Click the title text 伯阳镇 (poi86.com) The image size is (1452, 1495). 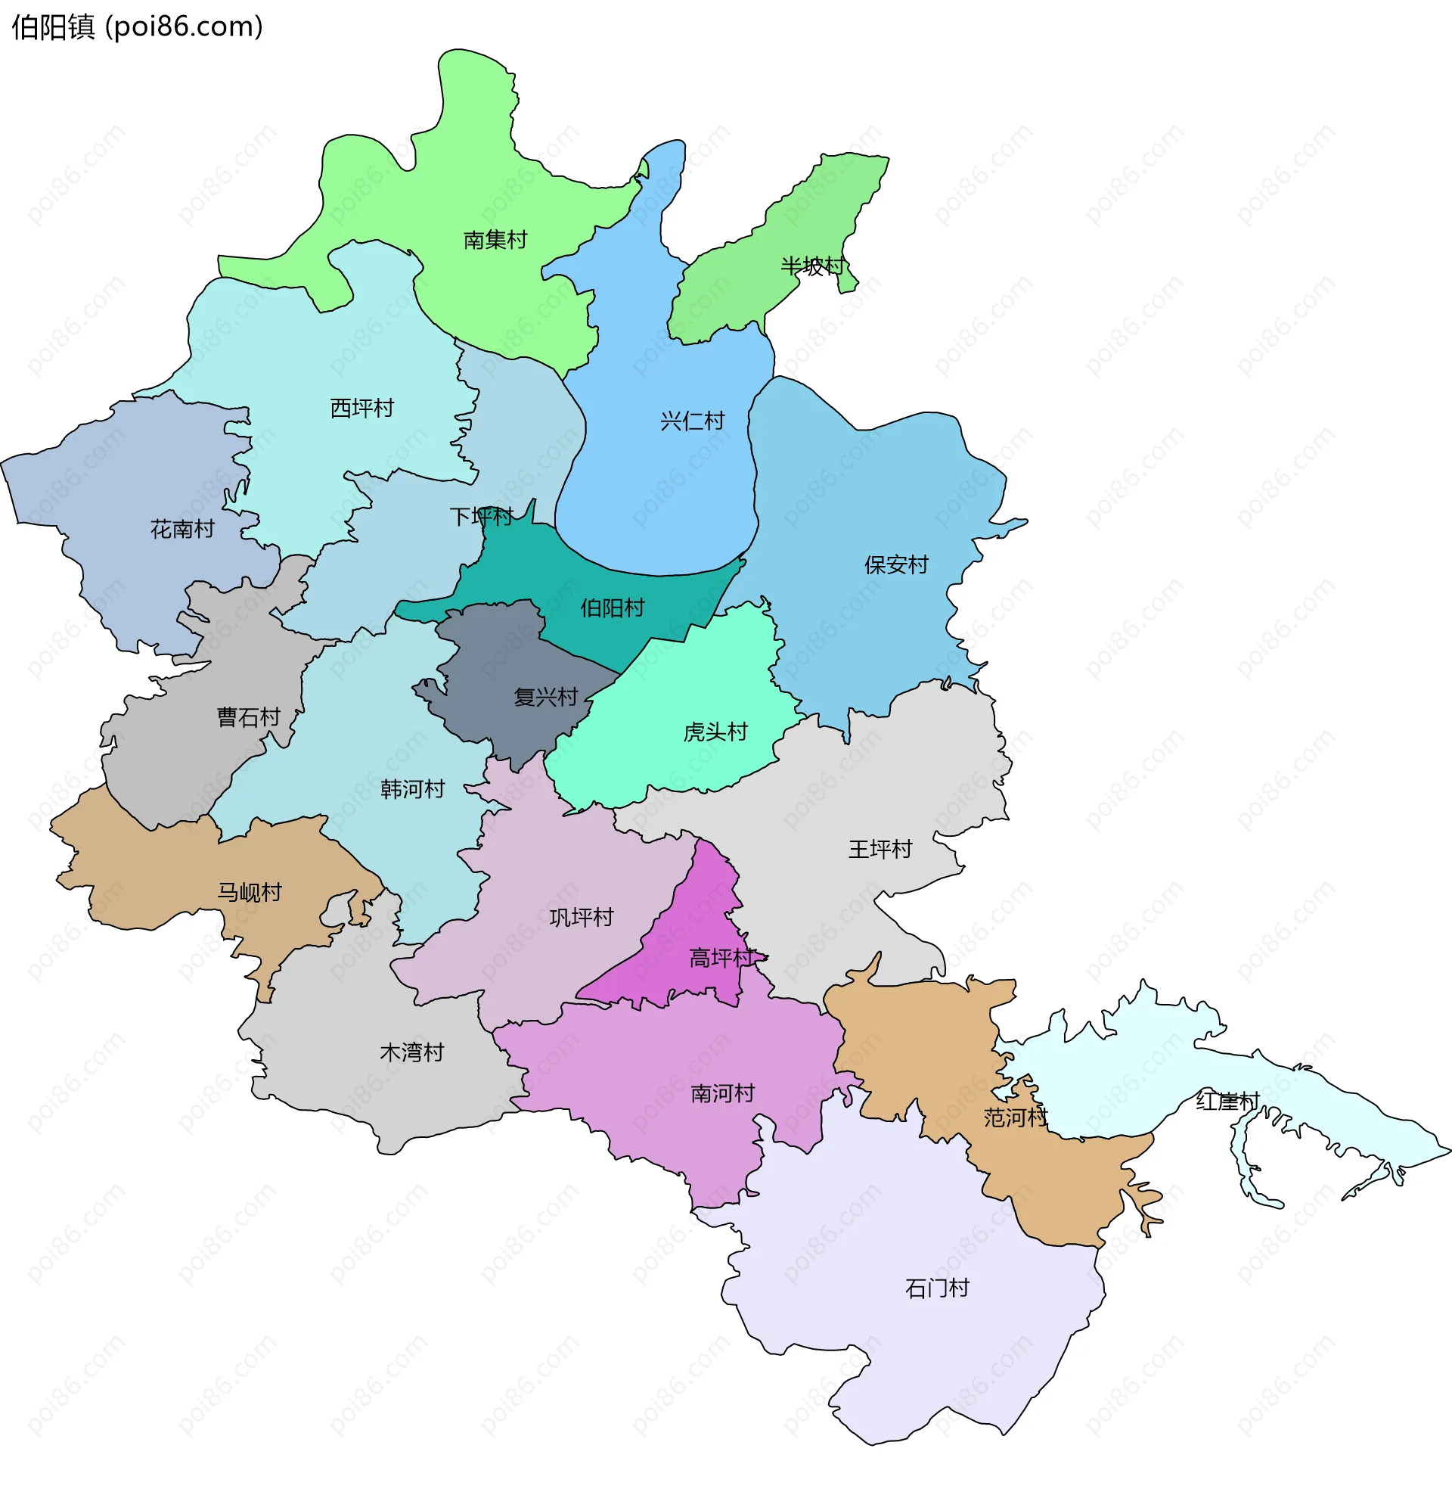click(138, 26)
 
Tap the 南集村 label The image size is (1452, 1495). click(495, 241)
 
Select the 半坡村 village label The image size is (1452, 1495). click(812, 266)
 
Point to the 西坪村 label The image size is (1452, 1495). click(361, 408)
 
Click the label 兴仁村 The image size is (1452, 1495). click(692, 421)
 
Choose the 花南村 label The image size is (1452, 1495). click(182, 529)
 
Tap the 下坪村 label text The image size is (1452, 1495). click(481, 517)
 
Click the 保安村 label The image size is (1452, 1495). click(896, 564)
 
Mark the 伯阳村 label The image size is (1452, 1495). click(613, 608)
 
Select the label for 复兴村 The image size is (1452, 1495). click(545, 696)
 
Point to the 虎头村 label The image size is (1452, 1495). click(715, 732)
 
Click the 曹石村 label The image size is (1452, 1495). click(249, 717)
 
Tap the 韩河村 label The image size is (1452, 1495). click(413, 788)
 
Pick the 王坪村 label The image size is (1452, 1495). click(880, 849)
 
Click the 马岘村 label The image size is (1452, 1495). click(250, 892)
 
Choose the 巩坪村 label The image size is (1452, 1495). click(581, 917)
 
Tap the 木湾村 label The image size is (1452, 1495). click(412, 1052)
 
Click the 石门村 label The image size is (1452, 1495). click(936, 1288)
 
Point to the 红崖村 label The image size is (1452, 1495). click(1227, 1102)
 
